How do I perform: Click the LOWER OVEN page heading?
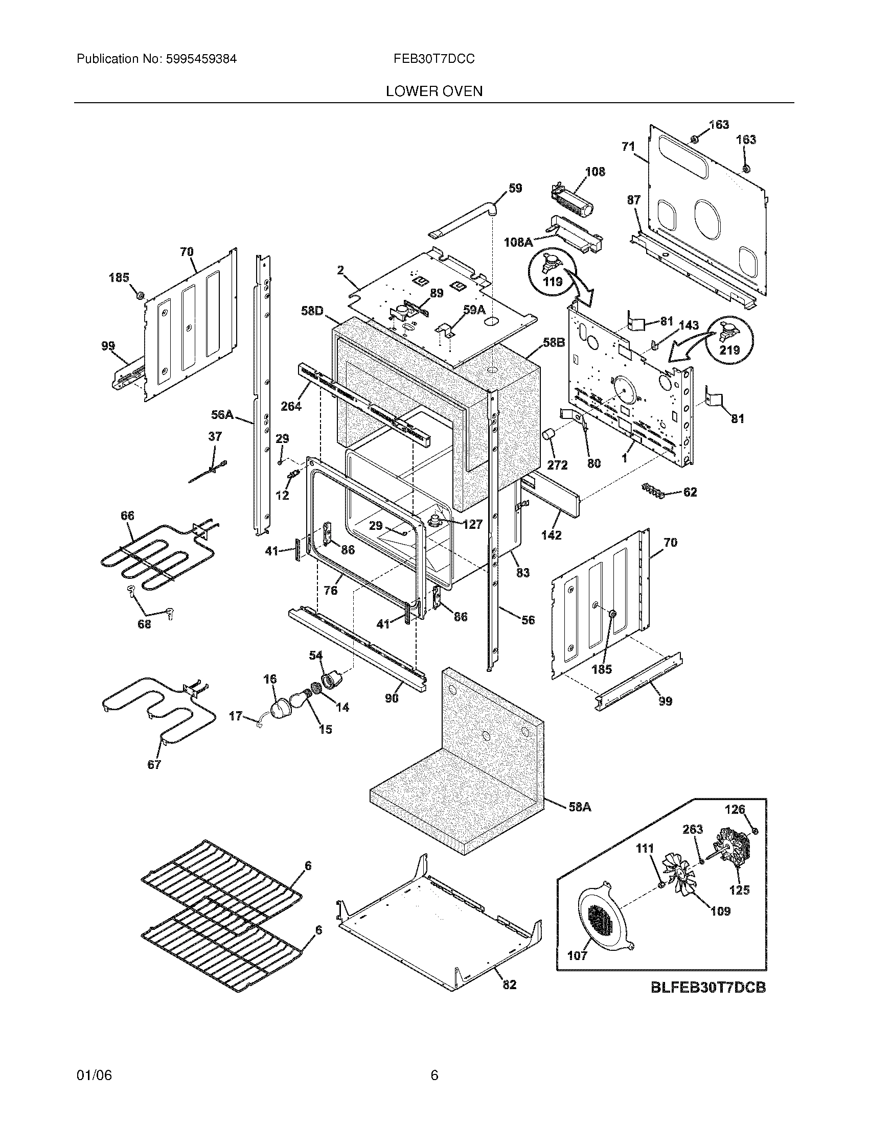tap(434, 91)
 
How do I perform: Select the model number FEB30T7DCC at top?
tap(434, 59)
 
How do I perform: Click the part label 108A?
tap(518, 241)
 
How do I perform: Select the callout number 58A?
tap(579, 807)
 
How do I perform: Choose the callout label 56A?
tap(222, 415)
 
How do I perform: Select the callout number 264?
tap(291, 406)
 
